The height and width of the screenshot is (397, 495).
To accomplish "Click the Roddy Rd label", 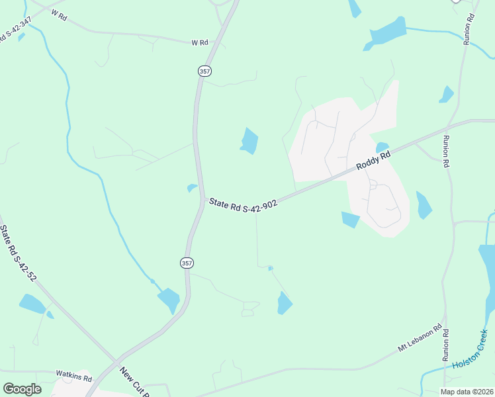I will click(373, 160).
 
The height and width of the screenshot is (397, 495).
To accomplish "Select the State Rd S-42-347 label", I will click(15, 32).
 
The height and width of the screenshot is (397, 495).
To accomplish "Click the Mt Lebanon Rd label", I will click(420, 337).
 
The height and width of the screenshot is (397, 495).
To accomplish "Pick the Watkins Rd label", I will click(73, 376).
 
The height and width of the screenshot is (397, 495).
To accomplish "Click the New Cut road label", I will click(135, 381).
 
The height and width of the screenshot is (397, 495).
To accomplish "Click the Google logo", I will click(22, 388).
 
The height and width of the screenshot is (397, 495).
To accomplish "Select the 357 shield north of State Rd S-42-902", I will click(202, 70).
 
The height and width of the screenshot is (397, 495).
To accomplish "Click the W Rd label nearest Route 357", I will click(199, 42).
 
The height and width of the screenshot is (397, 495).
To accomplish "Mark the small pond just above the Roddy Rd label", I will click(382, 148).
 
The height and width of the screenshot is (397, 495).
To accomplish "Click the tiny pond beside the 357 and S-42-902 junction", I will click(192, 188).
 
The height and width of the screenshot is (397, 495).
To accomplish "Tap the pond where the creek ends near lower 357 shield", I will click(169, 300).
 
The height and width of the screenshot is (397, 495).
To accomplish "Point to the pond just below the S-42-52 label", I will click(32, 303).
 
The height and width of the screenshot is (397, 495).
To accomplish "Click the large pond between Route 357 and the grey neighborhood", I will click(249, 140).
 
